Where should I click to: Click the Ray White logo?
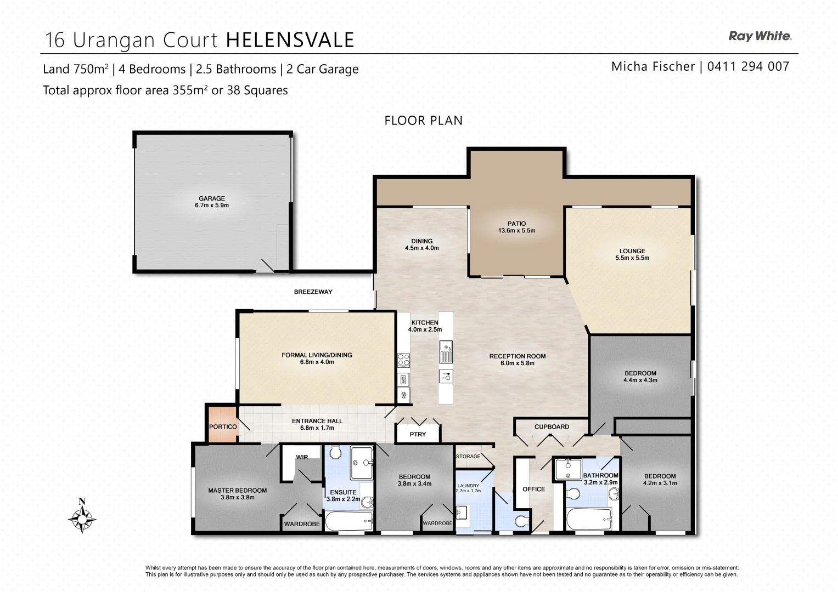760,36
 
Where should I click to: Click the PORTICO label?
223,426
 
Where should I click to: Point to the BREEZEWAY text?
313,292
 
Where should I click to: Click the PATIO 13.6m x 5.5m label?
516,227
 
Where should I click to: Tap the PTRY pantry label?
418,434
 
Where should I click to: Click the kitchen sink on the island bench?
446,352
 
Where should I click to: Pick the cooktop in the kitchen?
403,360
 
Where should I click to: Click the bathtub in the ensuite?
349,521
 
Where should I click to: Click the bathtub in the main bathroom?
588,518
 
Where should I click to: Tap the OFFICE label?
533,489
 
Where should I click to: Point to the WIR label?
302,457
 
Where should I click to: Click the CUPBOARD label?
552,426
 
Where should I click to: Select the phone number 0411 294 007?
748,66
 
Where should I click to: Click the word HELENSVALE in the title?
290,40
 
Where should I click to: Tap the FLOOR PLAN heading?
423,121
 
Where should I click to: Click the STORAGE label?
468,456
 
